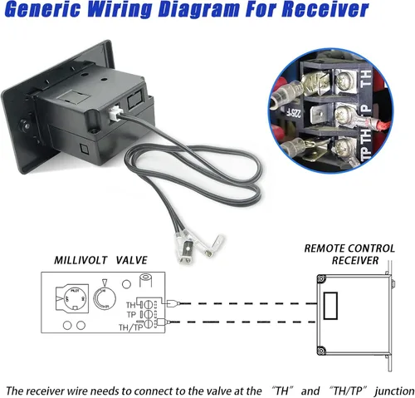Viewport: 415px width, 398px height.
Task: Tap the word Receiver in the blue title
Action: [x=326, y=9]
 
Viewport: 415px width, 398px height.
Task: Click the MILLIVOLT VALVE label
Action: [x=100, y=260]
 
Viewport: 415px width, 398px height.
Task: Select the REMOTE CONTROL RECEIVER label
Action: [x=349, y=254]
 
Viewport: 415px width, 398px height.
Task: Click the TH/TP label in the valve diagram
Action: [x=130, y=327]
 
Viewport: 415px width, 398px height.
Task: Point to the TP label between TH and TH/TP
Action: [x=132, y=315]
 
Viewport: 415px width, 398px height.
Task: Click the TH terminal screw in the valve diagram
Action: [x=149, y=305]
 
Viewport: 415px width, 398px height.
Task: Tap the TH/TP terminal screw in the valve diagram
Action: [x=149, y=323]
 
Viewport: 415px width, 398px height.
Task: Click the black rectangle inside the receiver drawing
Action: [x=330, y=306]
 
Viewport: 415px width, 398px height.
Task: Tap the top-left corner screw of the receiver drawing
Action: [x=321, y=278]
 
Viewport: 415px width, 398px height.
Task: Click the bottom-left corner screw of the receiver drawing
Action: [x=321, y=351]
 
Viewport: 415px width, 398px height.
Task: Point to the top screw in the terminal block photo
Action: [x=343, y=81]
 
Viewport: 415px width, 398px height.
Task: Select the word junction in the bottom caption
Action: [x=394, y=391]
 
